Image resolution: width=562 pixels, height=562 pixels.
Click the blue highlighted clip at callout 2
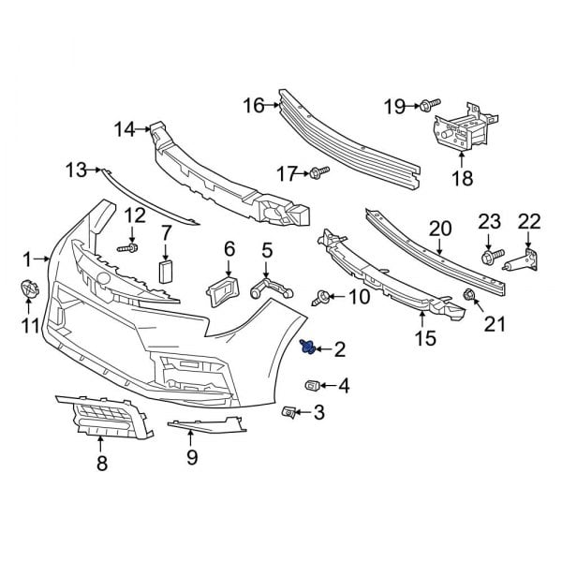click(307, 349)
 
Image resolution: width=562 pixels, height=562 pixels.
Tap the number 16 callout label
click(254, 105)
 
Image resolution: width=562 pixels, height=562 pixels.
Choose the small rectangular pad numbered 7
click(167, 271)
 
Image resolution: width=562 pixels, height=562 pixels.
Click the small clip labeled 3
click(290, 411)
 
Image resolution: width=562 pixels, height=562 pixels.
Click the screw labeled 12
click(129, 249)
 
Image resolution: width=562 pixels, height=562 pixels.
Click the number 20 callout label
click(440, 228)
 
